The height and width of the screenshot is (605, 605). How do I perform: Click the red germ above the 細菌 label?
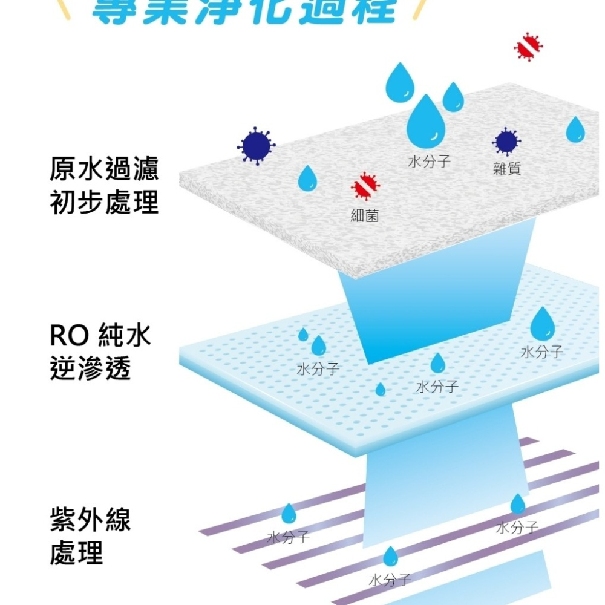coord(365,186)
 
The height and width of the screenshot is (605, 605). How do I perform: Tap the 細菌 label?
coord(365,215)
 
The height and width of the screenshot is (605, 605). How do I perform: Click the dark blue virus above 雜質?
coord(506,142)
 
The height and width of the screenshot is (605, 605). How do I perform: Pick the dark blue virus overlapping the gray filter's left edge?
coord(256,145)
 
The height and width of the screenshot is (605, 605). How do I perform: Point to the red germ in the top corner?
coord(528,47)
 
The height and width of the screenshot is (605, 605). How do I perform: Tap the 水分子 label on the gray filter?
coord(429,162)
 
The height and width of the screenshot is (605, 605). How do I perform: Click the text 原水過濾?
coord(104,170)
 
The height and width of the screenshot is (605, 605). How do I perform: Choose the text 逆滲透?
coord(90,369)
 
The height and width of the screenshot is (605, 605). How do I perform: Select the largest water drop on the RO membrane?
coord(542,324)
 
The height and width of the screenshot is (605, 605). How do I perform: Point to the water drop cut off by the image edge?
coord(575,129)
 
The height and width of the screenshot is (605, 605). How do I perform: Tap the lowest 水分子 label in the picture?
coord(390,581)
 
